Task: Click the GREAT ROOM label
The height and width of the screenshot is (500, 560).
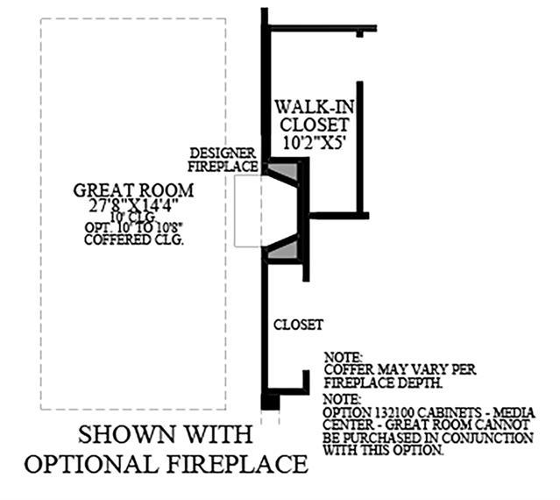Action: click(133, 191)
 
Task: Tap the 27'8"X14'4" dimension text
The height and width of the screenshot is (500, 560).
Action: click(133, 205)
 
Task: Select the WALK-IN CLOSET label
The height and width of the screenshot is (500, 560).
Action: click(315, 116)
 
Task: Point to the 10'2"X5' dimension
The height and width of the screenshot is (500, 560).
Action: click(315, 143)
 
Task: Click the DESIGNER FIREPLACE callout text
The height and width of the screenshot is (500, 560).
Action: click(223, 160)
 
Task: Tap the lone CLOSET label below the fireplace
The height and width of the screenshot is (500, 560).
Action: click(299, 325)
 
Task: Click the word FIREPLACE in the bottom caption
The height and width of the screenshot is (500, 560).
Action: click(237, 464)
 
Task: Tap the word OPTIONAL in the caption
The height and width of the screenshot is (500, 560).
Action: click(91, 464)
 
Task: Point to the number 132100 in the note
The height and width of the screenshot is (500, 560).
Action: click(394, 413)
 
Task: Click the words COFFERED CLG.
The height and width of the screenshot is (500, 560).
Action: click(134, 239)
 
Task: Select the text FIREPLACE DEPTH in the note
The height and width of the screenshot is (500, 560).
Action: click(382, 382)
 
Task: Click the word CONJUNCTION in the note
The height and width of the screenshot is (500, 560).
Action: click(493, 438)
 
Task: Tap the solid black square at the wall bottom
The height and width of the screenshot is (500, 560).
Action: click(270, 402)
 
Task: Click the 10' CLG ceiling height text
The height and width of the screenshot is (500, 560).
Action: click(133, 217)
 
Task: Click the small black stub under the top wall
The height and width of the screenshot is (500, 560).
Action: click(359, 34)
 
